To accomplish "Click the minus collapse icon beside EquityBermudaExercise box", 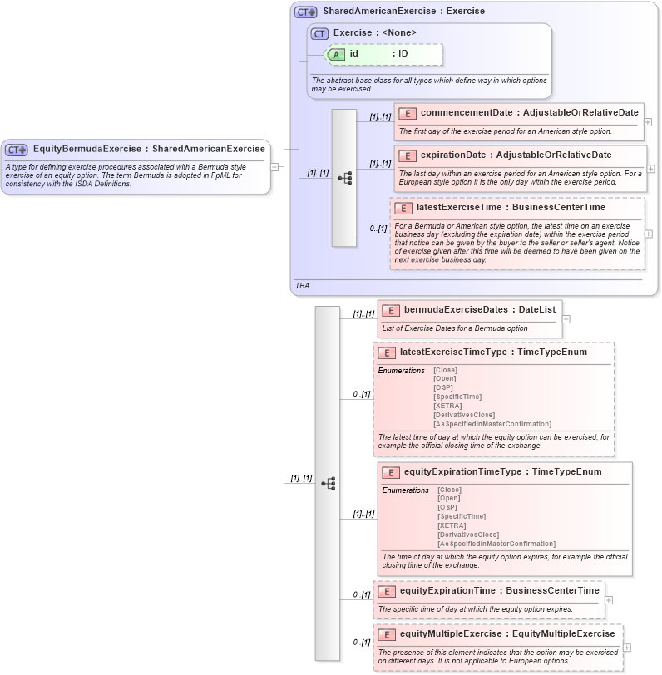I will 274,166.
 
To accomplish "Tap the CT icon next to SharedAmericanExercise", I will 306,12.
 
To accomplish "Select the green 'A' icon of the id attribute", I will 336,54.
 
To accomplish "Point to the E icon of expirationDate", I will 407,155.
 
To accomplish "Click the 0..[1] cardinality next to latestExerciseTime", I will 378,229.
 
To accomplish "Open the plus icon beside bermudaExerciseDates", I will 566,318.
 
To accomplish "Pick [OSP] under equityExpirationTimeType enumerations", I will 447,507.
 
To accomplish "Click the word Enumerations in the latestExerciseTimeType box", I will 401,370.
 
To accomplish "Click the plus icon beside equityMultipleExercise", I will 627,648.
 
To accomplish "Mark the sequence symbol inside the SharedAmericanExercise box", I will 344,178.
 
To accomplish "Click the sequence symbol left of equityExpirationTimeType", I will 328,483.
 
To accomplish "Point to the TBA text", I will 302,285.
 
